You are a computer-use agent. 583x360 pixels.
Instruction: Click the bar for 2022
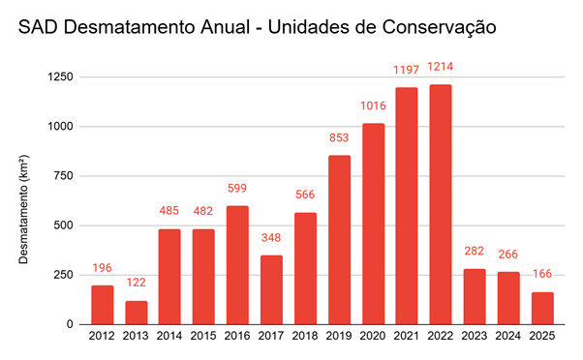tap(441, 204)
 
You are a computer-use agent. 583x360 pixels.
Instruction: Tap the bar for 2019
tap(340, 240)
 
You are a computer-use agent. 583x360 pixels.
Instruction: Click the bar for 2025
tap(541, 308)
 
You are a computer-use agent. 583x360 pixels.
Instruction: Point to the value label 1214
tap(442, 67)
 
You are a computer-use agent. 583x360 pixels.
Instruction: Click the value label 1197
tap(407, 70)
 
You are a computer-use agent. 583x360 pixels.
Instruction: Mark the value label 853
tap(340, 137)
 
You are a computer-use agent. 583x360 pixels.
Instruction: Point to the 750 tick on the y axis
tap(69, 176)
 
